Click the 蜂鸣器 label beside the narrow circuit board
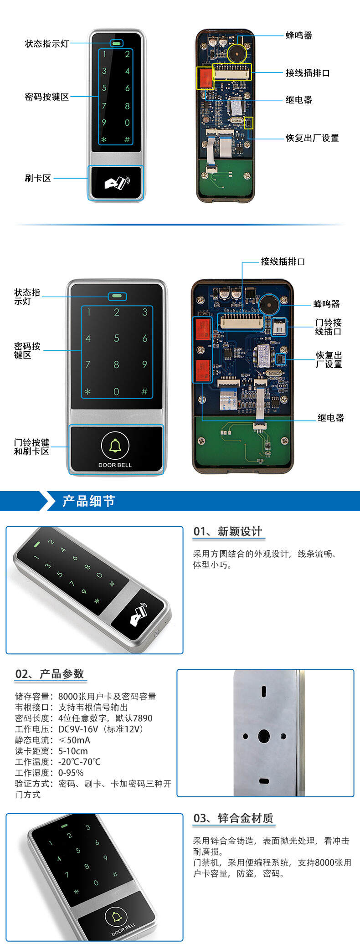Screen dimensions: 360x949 point(299,36)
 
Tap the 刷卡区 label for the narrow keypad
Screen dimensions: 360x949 point(38,178)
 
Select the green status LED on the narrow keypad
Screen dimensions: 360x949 point(117,44)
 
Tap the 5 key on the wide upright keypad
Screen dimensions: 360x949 point(117,339)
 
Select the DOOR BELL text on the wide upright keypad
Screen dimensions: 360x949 point(115,465)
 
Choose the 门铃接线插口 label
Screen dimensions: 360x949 point(329,327)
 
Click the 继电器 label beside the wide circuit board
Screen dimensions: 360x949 point(331,418)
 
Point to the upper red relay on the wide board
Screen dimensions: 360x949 point(203,328)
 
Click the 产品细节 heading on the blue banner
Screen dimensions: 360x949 point(88,501)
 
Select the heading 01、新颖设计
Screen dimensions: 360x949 point(228,531)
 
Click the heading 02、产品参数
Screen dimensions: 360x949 point(50,674)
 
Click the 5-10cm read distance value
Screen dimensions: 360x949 point(73,751)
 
